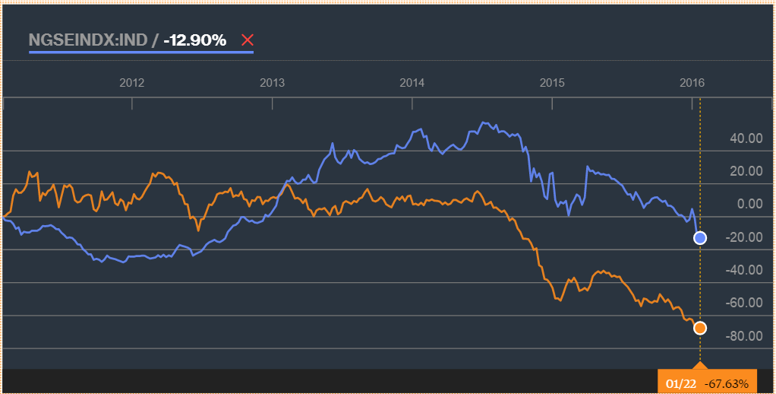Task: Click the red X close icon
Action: coord(247,40)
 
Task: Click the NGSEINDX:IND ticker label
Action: coord(87,40)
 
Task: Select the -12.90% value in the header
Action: coord(195,40)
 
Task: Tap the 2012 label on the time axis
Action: coord(131,82)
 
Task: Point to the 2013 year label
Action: coord(272,82)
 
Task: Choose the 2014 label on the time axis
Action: coord(412,82)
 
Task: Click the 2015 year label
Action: coord(552,82)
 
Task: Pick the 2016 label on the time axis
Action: coord(692,82)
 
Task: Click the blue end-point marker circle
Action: coord(700,238)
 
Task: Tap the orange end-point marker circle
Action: coord(700,328)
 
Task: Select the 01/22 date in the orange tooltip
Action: coord(681,383)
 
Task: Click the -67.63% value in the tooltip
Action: coord(727,383)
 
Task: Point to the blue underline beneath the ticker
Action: coord(140,52)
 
